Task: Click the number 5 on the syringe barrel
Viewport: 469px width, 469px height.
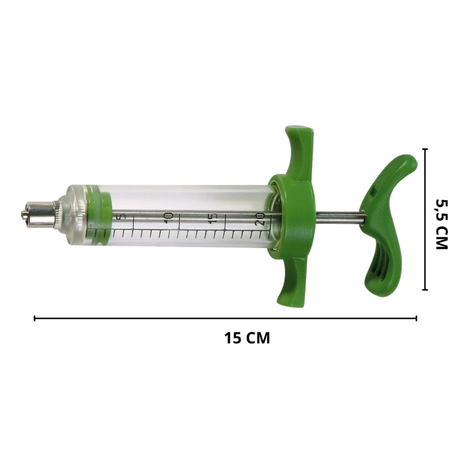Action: [x=121, y=217]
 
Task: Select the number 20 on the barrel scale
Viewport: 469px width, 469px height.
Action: [x=260, y=219]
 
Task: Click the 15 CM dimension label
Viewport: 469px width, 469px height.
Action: [x=247, y=338]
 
